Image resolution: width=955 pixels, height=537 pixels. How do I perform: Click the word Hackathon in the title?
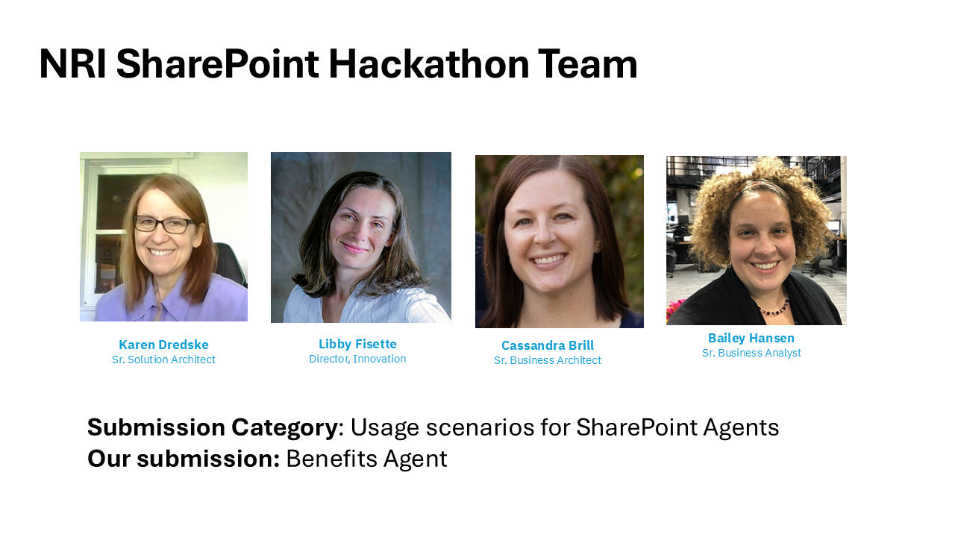coord(428,64)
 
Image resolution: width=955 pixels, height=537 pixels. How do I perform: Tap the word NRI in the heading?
coord(72,64)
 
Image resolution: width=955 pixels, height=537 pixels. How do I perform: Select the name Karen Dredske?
coord(163,345)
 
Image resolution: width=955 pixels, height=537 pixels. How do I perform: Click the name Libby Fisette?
coord(357,344)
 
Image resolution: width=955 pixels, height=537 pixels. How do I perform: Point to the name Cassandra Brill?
coord(548,345)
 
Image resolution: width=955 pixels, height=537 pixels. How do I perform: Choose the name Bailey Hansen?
coord(751,338)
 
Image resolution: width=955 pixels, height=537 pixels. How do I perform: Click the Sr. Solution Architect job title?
coord(163,359)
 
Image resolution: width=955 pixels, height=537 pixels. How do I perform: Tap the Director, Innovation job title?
coord(357,359)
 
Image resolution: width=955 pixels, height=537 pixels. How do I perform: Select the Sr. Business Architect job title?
coord(548,360)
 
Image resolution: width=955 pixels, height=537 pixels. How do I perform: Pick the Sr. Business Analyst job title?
coord(751,353)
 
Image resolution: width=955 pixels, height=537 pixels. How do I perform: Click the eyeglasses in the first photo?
coord(164,224)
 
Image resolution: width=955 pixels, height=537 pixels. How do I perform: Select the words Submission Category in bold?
coord(213,427)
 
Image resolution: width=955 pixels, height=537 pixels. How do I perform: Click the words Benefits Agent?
coord(366,459)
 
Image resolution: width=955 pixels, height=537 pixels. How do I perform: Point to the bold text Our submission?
coord(184,459)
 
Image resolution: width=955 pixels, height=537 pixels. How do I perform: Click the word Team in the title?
coord(587,64)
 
